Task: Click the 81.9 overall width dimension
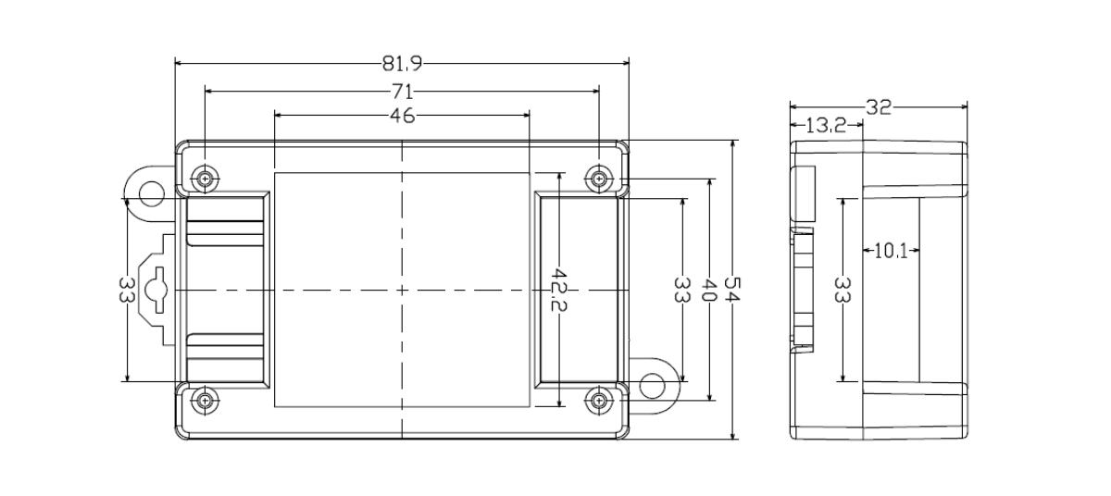point(401,64)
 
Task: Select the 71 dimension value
point(401,91)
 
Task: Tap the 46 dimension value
point(402,116)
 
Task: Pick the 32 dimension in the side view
point(878,106)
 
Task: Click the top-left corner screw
point(204,179)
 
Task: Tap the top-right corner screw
point(600,179)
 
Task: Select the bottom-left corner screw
point(204,400)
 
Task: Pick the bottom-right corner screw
point(600,400)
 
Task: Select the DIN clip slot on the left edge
point(158,290)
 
